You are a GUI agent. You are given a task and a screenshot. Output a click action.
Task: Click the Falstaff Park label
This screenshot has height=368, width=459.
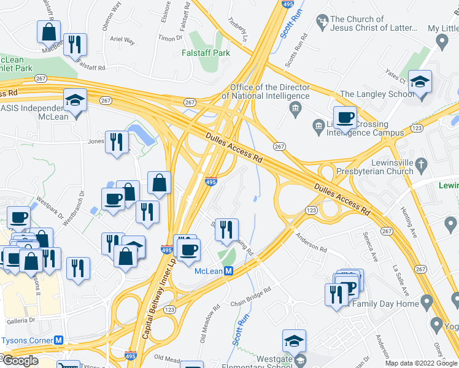pyautogui.click(x=207, y=53)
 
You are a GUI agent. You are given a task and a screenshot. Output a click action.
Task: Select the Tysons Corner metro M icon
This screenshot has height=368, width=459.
pyautogui.click(x=60, y=340)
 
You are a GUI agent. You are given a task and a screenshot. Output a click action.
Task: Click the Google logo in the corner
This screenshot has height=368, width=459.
pyautogui.click(x=20, y=361)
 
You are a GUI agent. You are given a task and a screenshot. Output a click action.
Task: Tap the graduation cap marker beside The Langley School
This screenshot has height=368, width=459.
pyautogui.click(x=420, y=82)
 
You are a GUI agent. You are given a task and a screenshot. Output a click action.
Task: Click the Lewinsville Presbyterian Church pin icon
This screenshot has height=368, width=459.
pyautogui.click(x=420, y=164)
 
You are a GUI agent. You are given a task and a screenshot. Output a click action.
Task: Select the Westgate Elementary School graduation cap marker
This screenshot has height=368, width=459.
pyautogui.click(x=295, y=341)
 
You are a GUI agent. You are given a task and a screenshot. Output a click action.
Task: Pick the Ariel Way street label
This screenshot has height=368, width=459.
pyautogui.click(x=121, y=40)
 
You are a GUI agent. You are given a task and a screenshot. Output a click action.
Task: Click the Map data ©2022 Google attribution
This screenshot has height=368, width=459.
pyautogui.click(x=421, y=362)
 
